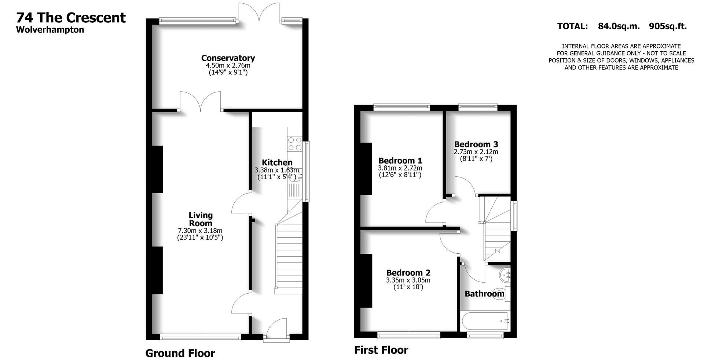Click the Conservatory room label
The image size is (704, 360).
(x=228, y=58)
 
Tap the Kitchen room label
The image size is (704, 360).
(x=277, y=162)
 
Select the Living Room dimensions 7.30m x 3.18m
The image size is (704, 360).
(x=200, y=231)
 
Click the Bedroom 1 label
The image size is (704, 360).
(x=400, y=161)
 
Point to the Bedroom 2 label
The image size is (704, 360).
(x=408, y=273)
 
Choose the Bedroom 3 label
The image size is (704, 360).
(x=476, y=144)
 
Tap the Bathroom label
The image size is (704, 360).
(x=484, y=294)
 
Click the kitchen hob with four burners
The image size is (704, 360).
(x=294, y=143)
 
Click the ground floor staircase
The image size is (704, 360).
(x=288, y=257)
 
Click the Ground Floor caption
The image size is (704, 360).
(x=180, y=353)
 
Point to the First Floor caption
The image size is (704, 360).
(x=381, y=350)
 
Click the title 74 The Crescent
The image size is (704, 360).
(x=71, y=18)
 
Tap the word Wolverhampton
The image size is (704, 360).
(x=50, y=30)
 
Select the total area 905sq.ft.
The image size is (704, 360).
(x=667, y=26)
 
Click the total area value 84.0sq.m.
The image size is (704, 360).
(x=619, y=26)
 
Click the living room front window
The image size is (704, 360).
(x=201, y=337)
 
